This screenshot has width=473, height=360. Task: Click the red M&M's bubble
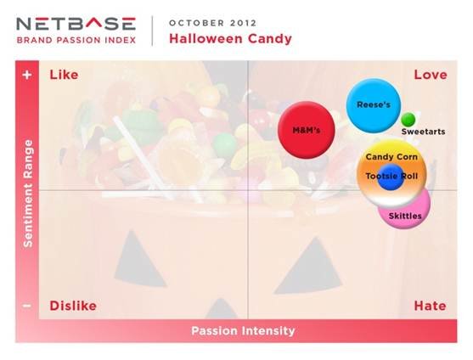pyautogui.click(x=307, y=130)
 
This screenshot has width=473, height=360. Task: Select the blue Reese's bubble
pyautogui.click(x=374, y=105)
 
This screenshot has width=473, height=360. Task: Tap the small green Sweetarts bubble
pyautogui.click(x=408, y=120)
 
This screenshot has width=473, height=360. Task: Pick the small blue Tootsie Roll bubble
pyautogui.click(x=391, y=177)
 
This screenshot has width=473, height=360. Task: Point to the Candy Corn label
pyautogui.click(x=391, y=157)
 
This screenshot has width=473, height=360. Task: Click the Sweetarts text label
pyautogui.click(x=423, y=132)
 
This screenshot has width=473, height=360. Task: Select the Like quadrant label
pyautogui.click(x=64, y=75)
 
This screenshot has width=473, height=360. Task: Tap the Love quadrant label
pyautogui.click(x=431, y=75)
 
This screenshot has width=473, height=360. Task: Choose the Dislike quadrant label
pyautogui.click(x=73, y=306)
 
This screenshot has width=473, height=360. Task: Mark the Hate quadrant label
pyautogui.click(x=431, y=306)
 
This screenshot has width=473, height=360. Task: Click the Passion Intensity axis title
pyautogui.click(x=243, y=331)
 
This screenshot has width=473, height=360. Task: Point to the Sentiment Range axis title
pyautogui.click(x=28, y=194)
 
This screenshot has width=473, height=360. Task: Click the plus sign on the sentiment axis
pyautogui.click(x=27, y=75)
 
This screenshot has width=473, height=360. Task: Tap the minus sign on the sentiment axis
pyautogui.click(x=27, y=306)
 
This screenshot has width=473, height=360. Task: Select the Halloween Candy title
pyautogui.click(x=230, y=38)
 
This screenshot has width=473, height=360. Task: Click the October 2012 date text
pyautogui.click(x=212, y=23)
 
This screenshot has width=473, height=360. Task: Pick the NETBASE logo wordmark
pyautogui.click(x=76, y=24)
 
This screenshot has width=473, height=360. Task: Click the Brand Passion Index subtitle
pyautogui.click(x=76, y=40)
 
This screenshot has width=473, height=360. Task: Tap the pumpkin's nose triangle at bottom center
pyautogui.click(x=222, y=310)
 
